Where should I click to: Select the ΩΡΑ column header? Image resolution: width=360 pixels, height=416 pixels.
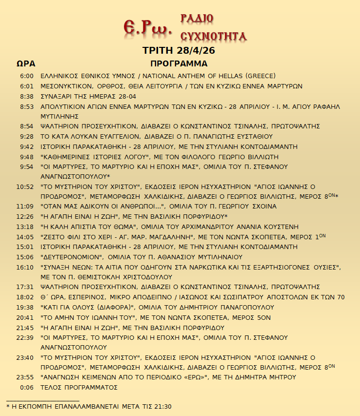click(x=25, y=64)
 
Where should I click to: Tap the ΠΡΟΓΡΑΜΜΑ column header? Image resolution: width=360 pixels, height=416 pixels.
click(x=179, y=64)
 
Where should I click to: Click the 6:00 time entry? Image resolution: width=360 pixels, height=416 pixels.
click(x=27, y=76)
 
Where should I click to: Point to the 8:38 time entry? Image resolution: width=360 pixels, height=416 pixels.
click(x=27, y=96)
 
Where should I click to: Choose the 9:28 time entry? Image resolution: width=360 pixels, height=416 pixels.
click(x=27, y=136)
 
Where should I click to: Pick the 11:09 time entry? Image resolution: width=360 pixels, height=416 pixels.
click(x=25, y=206)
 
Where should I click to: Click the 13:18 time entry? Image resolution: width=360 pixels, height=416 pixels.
click(x=25, y=227)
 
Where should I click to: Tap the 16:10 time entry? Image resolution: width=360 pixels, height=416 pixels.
click(x=25, y=267)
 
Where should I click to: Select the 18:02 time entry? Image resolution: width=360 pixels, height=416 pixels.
click(x=25, y=297)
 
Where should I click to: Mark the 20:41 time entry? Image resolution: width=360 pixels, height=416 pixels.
click(x=25, y=317)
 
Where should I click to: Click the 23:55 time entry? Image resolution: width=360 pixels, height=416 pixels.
click(x=25, y=377)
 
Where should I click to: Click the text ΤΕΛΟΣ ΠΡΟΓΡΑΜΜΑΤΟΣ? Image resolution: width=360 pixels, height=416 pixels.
click(x=80, y=387)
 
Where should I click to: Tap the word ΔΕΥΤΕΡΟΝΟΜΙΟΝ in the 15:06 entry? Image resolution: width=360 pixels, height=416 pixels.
click(x=72, y=257)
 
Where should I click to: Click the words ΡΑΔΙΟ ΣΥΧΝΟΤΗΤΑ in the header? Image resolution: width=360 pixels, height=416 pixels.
click(x=213, y=27)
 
